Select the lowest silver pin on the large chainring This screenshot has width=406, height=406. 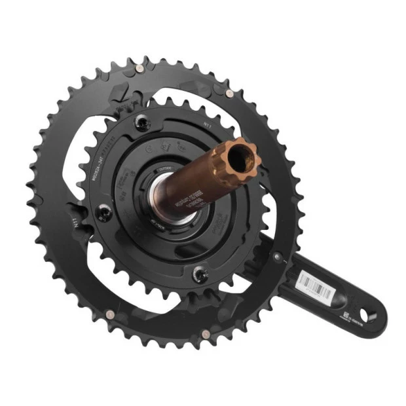click(x=205, y=334)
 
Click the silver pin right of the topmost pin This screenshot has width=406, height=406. click(x=229, y=93)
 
